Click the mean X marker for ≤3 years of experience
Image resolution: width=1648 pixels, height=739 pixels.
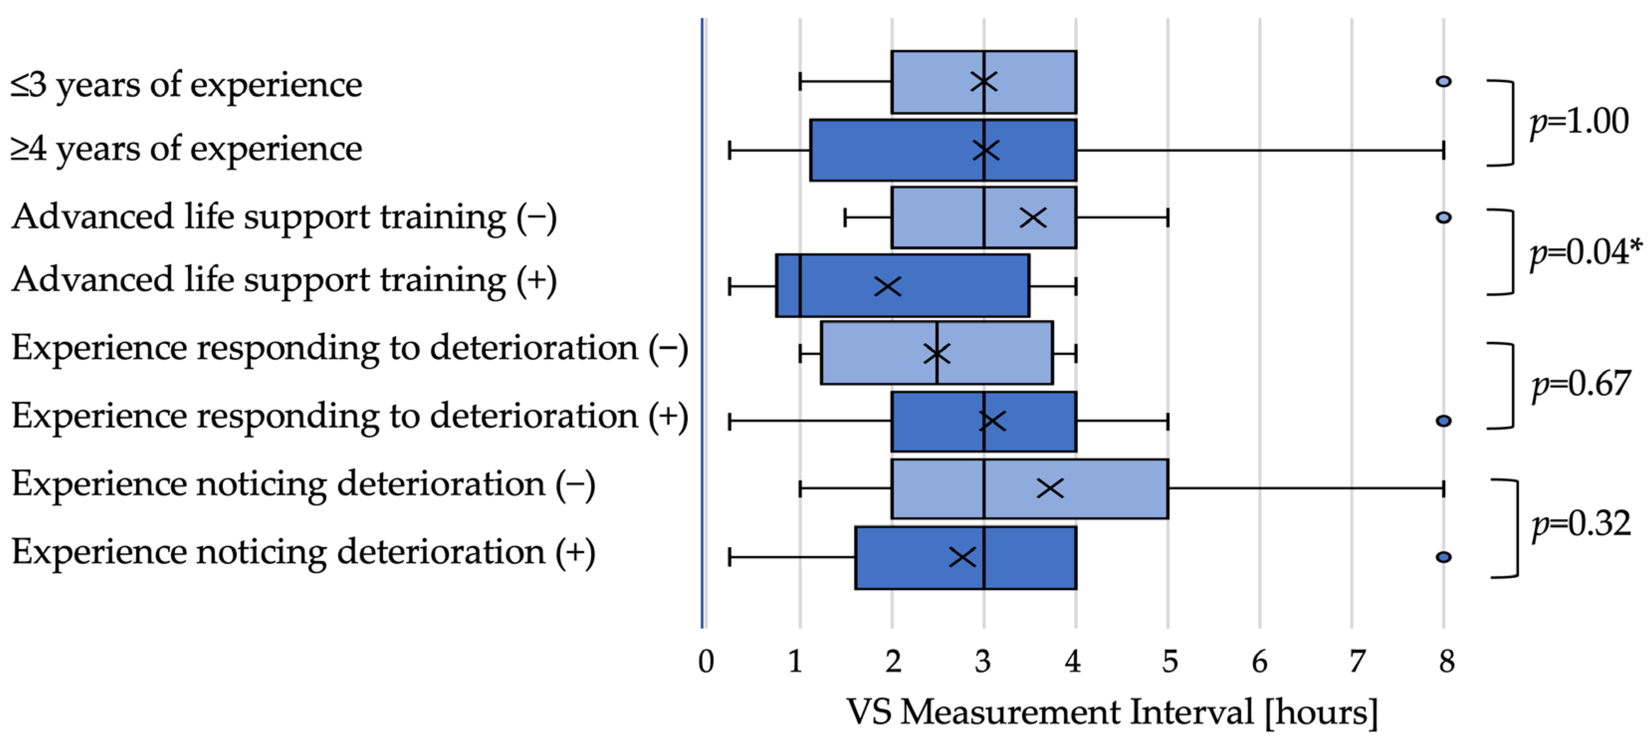984,82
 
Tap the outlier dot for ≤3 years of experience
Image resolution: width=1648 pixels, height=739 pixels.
1443,81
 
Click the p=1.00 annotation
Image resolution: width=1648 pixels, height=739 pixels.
1579,122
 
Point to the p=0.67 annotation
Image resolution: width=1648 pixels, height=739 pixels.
1581,384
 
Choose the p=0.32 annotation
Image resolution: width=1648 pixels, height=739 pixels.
1581,525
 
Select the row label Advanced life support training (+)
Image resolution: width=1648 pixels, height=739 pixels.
284,280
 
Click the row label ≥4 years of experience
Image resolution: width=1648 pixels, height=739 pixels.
186,149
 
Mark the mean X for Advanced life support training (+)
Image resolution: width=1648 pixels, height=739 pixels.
887,286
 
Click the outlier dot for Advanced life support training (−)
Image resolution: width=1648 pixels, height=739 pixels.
1443,218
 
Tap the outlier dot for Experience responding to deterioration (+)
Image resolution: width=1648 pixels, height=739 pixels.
1443,421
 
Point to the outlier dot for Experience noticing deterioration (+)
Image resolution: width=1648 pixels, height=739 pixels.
1443,557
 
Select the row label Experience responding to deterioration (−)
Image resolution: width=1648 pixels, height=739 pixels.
349,349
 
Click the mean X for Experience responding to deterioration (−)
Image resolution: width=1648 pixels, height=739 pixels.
937,353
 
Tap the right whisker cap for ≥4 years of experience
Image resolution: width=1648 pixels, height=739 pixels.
1443,151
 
